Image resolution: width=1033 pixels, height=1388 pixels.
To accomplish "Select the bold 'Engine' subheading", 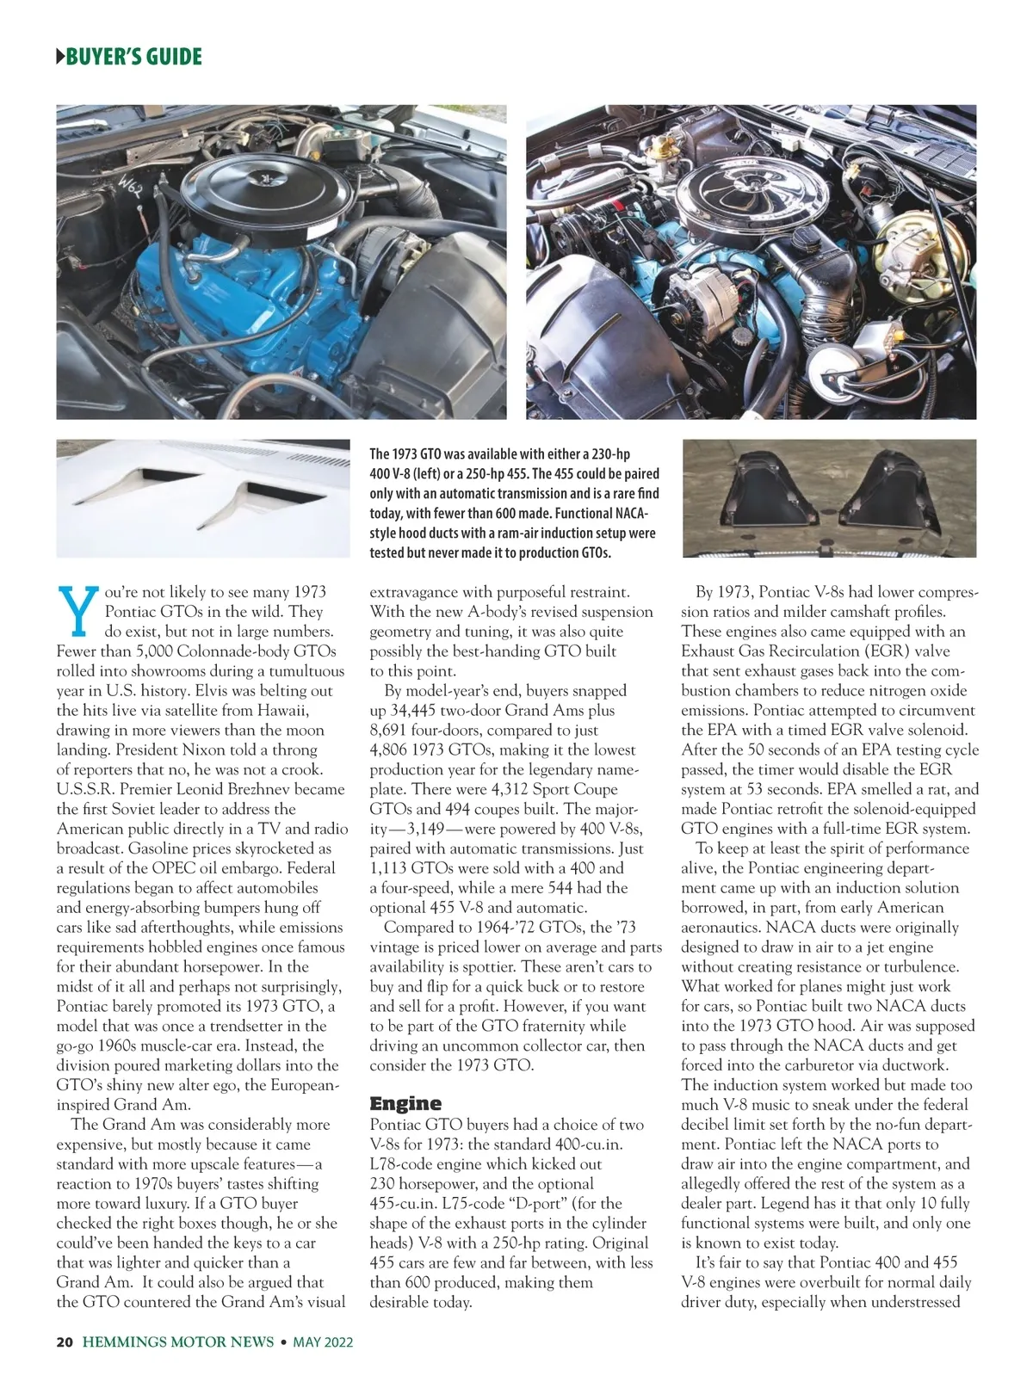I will coord(405,1103).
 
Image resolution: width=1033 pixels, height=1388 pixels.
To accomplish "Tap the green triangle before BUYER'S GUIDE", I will coord(59,58).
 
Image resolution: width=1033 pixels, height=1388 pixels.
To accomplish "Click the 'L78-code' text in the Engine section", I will coord(400,1164).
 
